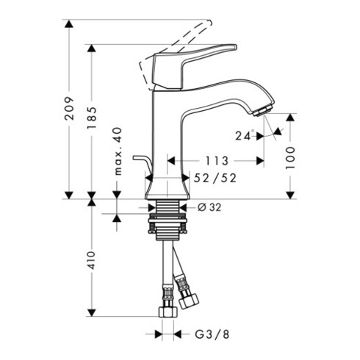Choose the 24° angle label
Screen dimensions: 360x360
pyautogui.click(x=245, y=135)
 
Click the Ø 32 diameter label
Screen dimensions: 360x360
pyautogui.click(x=212, y=208)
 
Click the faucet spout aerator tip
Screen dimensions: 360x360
pyautogui.click(x=262, y=110)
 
